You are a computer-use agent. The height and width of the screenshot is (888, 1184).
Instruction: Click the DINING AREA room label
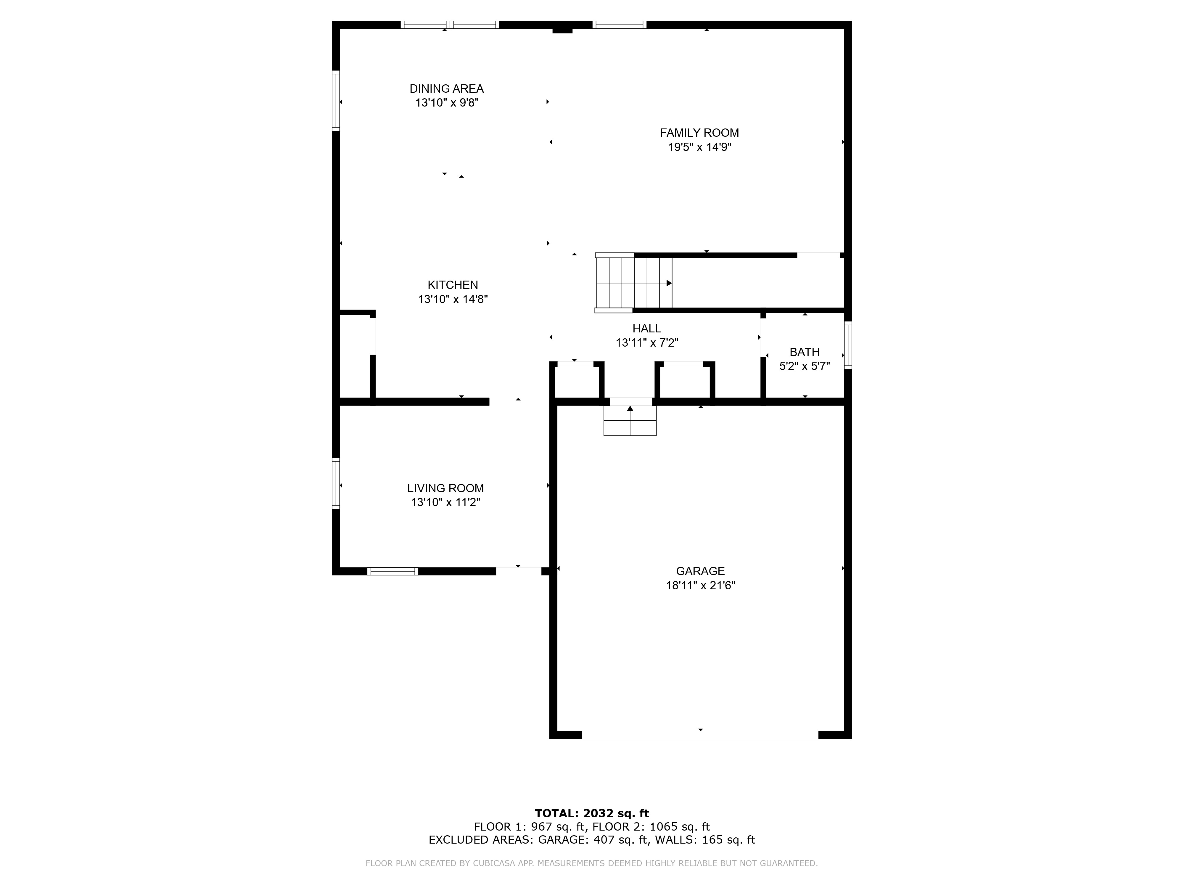coord(446,89)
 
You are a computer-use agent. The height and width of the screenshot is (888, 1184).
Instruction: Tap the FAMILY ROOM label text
coord(699,133)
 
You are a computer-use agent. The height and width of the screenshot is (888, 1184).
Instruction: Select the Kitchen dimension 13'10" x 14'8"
coord(453,299)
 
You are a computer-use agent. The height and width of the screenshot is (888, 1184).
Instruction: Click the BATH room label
coord(805,352)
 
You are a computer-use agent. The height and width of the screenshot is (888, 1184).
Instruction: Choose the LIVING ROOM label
coord(445,488)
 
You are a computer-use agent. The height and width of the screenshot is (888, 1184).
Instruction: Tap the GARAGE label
coord(700,571)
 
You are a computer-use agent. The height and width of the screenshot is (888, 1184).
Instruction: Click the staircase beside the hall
coord(634,283)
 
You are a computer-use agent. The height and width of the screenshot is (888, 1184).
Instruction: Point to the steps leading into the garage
coord(630,420)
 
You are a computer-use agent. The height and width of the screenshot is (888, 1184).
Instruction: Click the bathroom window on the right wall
coord(848,345)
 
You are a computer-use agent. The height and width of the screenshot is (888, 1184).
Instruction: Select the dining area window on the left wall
coord(336,101)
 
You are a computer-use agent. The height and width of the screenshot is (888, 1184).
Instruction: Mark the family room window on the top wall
coord(619,25)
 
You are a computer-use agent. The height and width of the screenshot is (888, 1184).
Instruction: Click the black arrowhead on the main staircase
coord(669,283)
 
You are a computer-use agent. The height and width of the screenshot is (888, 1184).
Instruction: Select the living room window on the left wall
coord(336,483)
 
